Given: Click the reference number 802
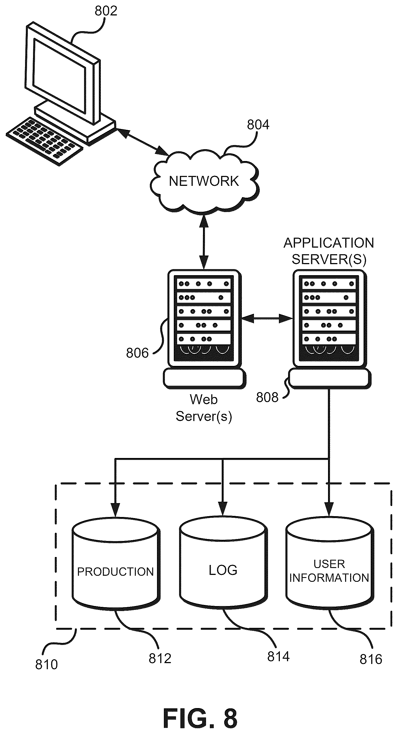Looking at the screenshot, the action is point(106,11).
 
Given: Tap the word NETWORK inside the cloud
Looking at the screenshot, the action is point(204,181).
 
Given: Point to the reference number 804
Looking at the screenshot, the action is point(258,125).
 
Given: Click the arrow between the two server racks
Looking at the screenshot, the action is point(267,318).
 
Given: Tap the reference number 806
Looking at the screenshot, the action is point(137,353).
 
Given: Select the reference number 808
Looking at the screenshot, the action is point(267,398).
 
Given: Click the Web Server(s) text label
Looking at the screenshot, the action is point(204,408).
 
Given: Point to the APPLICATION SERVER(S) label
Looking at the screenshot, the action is point(329,251).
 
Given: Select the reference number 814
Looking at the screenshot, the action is point(278,657).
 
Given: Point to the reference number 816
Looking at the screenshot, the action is point(371,659).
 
